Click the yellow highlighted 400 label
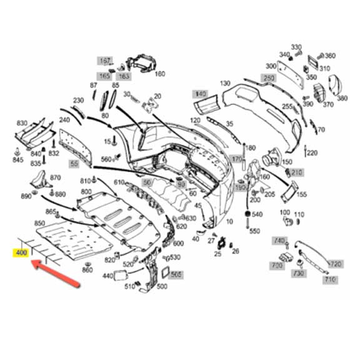[x=21, y=253]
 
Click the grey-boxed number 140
[x=199, y=94]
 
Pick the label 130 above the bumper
[x=225, y=83]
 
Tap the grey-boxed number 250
[x=268, y=78]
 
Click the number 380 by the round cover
[x=342, y=98]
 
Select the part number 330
[x=296, y=47]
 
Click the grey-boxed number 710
[x=329, y=280]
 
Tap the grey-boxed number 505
[x=177, y=274]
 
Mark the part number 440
[x=108, y=276]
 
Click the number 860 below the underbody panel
[x=87, y=270]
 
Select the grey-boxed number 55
[x=74, y=164]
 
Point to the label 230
[x=78, y=100]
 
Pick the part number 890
[x=26, y=196]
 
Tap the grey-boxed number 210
[x=296, y=172]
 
